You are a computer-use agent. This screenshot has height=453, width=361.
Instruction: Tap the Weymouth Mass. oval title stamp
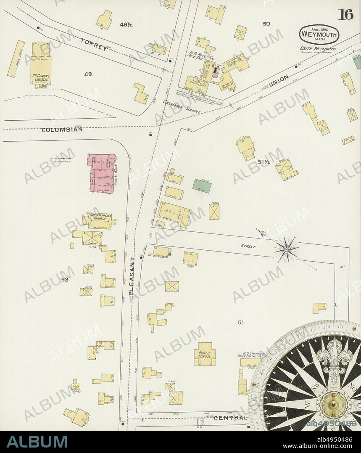(319, 34)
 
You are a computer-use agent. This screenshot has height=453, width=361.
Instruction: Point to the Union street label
(279, 81)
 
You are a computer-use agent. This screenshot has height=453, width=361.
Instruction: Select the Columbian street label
(62, 130)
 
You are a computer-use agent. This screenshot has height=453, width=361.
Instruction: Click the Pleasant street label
(131, 278)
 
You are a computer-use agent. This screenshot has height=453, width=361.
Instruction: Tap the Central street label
(229, 418)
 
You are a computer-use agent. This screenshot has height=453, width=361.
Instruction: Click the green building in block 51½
(202, 186)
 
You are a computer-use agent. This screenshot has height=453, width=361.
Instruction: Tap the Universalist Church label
(99, 218)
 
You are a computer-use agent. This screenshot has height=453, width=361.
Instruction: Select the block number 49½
(126, 25)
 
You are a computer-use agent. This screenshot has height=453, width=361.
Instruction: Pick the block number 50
(266, 24)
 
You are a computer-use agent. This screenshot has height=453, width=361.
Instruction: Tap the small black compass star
(286, 249)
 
